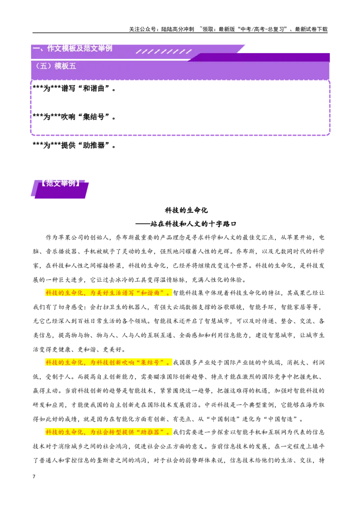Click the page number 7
pyautogui.click(x=34, y=477)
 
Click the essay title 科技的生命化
pyautogui.click(x=186, y=210)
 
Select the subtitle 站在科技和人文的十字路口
pyautogui.click(x=193, y=223)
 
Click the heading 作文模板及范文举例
pyautogui.click(x=80, y=49)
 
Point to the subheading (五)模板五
pyautogui.click(x=55, y=66)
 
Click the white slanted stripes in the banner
pyautogui.click(x=164, y=52)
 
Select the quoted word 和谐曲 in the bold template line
pyautogui.click(x=94, y=88)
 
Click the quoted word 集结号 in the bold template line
pyautogui.click(x=94, y=117)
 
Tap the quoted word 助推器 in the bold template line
pyautogui.click(x=94, y=145)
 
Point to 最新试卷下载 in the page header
pyautogui.click(x=311, y=29)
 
